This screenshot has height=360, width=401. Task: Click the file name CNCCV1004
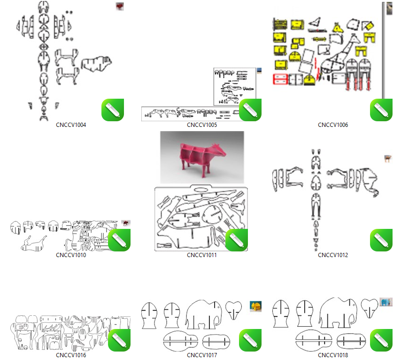pos(71,125)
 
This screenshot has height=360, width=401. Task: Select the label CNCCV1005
pos(202,125)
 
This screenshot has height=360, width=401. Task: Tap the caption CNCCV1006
pos(333,125)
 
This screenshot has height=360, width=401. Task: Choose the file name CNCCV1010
pos(71,255)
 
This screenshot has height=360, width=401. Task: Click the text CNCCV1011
pos(202,255)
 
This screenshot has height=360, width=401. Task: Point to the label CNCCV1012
pos(333,255)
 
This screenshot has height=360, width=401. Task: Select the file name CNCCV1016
pos(71,355)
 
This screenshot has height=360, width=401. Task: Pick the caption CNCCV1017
pos(202,355)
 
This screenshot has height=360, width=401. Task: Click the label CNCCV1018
pos(333,355)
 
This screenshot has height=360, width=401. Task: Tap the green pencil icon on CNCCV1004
pos(113,110)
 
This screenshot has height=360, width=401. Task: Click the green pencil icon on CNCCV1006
pos(381,110)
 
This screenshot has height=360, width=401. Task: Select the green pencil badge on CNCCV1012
pos(381,240)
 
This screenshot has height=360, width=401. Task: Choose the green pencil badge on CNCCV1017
pos(250,340)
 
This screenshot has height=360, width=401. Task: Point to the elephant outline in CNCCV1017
pos(203,315)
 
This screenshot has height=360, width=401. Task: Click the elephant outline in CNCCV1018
pos(338,313)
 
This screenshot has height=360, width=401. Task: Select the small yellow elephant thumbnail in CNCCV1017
pos(256,306)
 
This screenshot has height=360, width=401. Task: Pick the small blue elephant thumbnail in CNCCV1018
pos(386,302)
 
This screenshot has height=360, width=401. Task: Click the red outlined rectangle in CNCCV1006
pos(280,79)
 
